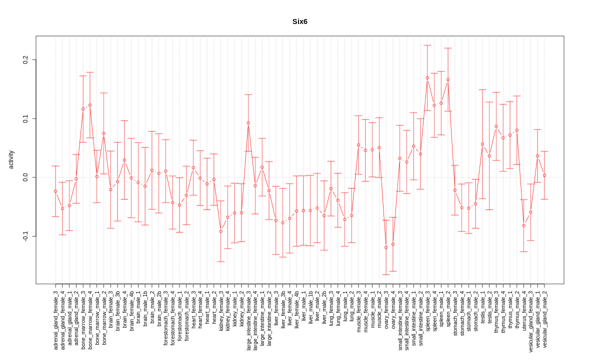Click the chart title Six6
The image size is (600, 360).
pos(300,22)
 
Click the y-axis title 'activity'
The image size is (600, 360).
pos(11,159)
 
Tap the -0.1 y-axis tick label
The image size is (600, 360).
pos(26,236)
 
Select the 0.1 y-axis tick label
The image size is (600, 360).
pos(26,118)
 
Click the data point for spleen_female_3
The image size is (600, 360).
pos(427,78)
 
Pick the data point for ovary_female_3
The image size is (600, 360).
pos(386,247)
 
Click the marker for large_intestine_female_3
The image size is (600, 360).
pos(248,122)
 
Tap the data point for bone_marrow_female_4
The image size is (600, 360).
pos(90,105)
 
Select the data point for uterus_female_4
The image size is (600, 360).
pos(524,225)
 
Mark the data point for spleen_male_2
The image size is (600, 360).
pos(448,79)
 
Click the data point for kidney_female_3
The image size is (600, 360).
pos(221,231)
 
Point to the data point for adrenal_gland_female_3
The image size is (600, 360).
pos(55,191)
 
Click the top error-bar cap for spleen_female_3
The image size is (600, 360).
pos(427,45)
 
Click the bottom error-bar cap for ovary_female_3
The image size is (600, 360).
pos(386,275)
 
